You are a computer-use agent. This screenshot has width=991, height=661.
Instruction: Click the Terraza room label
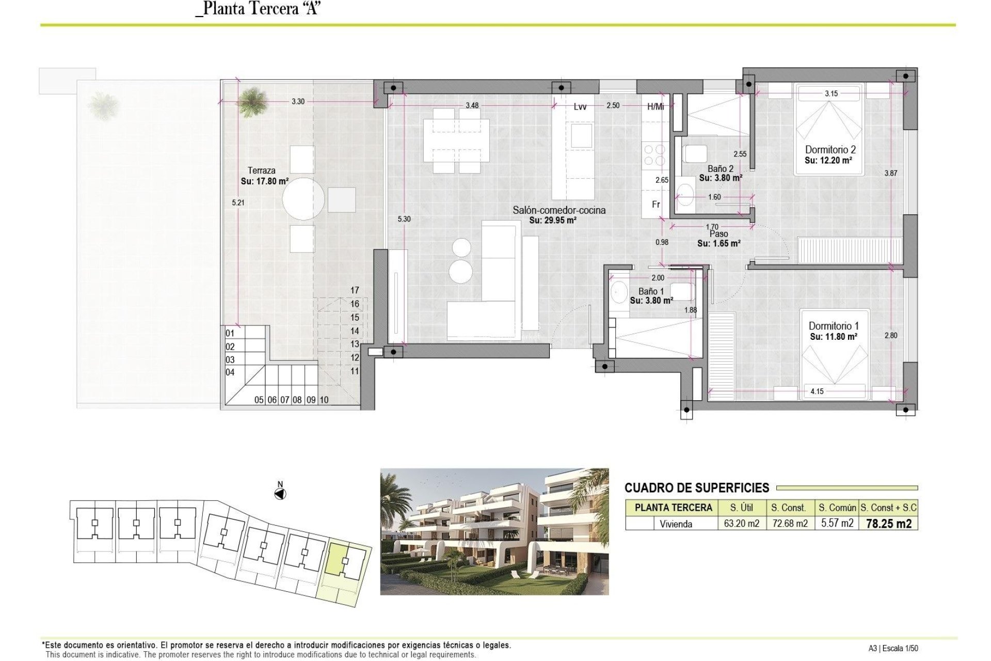(261, 170)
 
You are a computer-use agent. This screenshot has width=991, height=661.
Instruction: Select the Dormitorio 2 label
(830, 150)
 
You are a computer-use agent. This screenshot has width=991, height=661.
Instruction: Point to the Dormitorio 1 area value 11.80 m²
(833, 337)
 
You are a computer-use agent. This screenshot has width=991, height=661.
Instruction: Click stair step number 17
(355, 290)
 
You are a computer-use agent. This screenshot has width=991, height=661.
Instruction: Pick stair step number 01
(230, 334)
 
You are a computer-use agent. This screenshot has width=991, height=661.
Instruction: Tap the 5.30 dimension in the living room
(404, 219)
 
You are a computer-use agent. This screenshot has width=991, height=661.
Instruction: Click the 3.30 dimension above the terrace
(298, 102)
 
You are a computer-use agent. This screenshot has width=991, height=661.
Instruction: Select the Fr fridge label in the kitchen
(656, 204)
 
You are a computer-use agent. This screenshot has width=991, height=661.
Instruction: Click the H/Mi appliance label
(656, 107)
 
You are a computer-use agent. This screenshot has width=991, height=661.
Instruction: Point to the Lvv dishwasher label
(580, 107)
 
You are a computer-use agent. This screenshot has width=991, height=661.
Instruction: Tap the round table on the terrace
(303, 199)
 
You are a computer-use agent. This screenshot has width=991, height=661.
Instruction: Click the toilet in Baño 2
(694, 153)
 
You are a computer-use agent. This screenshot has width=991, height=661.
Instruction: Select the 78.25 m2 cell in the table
(888, 524)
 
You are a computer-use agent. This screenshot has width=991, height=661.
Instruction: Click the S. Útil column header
(741, 508)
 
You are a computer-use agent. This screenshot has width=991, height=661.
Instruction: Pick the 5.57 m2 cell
(837, 523)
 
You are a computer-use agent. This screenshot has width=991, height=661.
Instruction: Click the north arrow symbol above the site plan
(280, 494)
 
